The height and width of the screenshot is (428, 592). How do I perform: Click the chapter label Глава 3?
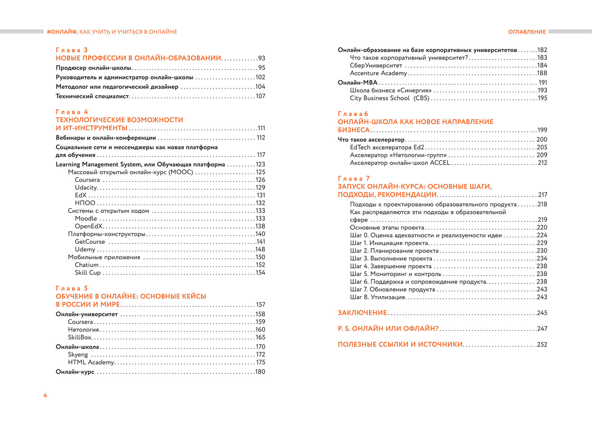[72, 50]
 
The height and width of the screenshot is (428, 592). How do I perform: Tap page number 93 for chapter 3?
[261, 58]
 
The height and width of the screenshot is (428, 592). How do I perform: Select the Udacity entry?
[86, 188]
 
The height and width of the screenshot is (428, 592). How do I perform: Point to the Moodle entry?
[86, 219]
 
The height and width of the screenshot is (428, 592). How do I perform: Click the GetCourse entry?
[90, 242]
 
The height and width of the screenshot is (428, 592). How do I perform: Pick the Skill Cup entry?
[88, 273]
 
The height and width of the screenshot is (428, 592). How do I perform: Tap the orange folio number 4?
[45, 395]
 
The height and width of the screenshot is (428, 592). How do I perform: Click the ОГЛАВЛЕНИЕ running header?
[527, 32]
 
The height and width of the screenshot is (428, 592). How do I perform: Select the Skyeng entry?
[78, 355]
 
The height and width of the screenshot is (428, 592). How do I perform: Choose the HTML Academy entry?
[91, 362]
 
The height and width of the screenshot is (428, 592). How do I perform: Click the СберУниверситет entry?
[376, 66]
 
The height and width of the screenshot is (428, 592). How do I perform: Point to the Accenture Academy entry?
[379, 73]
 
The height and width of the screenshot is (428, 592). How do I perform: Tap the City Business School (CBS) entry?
[390, 98]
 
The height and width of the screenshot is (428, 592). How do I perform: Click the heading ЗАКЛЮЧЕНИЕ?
[362, 313]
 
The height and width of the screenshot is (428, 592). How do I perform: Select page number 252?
[542, 344]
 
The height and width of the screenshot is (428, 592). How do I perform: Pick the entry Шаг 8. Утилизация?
[378, 297]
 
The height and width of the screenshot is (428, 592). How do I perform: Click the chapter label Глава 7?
[354, 179]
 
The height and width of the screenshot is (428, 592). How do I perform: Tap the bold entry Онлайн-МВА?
[358, 83]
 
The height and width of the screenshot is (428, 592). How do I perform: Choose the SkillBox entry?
[80, 337]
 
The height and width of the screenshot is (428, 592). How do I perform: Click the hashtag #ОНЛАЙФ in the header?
[62, 32]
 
